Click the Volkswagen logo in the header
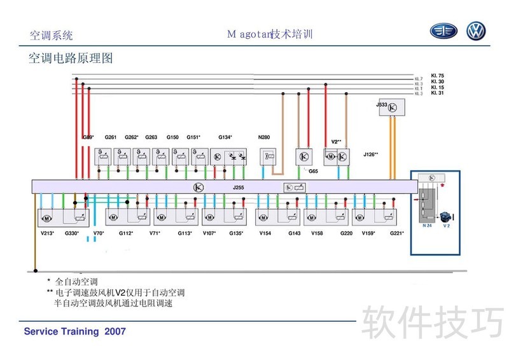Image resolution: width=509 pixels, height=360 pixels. pos(476,31)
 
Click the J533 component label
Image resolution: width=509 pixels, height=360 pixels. pos(382,104)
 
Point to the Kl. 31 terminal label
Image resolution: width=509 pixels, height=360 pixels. pos(437,93)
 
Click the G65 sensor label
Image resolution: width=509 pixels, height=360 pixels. pos(313,171)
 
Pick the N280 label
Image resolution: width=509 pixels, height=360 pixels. pos(263,137)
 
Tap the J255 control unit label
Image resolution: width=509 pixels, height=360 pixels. pos(239,188)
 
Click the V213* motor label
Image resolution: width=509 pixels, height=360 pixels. pos(46,233)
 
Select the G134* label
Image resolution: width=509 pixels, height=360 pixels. pos(225,137)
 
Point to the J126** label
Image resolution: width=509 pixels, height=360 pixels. pos(371,155)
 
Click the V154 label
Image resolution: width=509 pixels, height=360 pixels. pos(265,233)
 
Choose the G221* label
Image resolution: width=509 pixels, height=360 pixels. pos(396,233)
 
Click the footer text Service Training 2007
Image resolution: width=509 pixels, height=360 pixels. pos(74,331)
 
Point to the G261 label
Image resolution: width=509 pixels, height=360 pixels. pos(111,137)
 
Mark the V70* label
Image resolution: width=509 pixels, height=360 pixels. pos(99,233)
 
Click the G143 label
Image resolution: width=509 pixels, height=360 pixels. pos(294,233)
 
